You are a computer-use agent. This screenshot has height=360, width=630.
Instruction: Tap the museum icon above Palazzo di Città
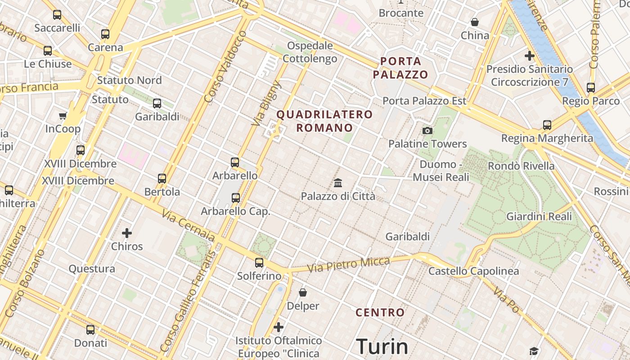tap(338, 183)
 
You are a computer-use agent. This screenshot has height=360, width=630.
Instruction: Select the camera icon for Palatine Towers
tap(427, 131)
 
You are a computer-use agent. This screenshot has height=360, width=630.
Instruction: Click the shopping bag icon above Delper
tap(303, 292)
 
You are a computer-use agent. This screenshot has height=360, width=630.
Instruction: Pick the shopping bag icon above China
tap(475, 22)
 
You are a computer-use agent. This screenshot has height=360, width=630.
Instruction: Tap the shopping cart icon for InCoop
tap(63, 116)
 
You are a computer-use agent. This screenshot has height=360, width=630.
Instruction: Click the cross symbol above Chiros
tap(127, 233)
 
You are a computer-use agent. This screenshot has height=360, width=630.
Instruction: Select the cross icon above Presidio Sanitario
tap(529, 56)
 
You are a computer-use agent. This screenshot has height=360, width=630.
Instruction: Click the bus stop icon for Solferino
tap(259, 263)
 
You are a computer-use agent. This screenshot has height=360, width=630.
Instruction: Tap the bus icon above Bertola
tap(162, 179)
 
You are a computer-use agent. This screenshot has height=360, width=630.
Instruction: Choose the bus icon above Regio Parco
tap(591, 88)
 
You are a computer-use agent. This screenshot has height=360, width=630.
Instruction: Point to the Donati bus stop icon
tap(90, 330)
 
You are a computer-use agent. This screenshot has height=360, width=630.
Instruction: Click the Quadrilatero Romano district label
tap(324, 121)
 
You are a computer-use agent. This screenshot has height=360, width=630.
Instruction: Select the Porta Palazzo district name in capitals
tap(400, 67)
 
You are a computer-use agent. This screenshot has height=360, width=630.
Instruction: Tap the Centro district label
tap(380, 312)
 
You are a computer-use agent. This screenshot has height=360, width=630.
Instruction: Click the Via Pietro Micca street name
tap(349, 265)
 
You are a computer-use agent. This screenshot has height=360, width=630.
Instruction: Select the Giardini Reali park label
tap(539, 216)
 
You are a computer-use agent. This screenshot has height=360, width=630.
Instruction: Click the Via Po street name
tap(506, 300)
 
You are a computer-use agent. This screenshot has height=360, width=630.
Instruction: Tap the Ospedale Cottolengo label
tap(310, 52)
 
